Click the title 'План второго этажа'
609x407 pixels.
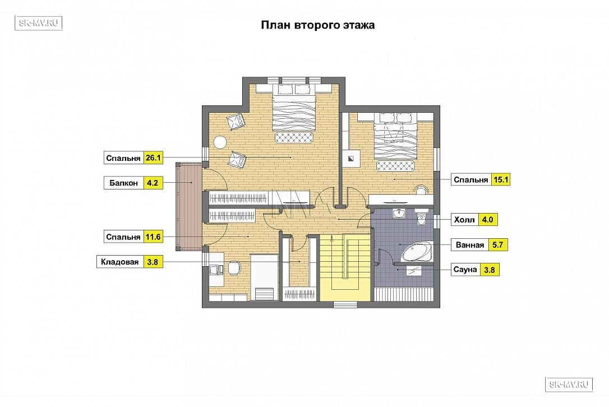318,25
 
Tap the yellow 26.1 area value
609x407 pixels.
153,158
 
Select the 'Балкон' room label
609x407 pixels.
123,183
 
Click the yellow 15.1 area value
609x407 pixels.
501,179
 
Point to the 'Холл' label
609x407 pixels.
464,220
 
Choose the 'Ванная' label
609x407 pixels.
470,245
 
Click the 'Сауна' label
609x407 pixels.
465,270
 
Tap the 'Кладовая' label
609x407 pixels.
119,262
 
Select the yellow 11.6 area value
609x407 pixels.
153,237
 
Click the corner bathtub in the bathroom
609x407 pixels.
417,252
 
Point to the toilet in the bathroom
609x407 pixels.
421,218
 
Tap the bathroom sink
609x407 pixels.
399,213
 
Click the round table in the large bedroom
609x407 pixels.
220,142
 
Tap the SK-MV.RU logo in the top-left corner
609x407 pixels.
39,23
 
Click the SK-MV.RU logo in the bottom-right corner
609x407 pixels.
569,385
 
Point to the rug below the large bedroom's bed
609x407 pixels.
294,137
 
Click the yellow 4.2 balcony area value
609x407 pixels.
153,183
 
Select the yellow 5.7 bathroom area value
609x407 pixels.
497,244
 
